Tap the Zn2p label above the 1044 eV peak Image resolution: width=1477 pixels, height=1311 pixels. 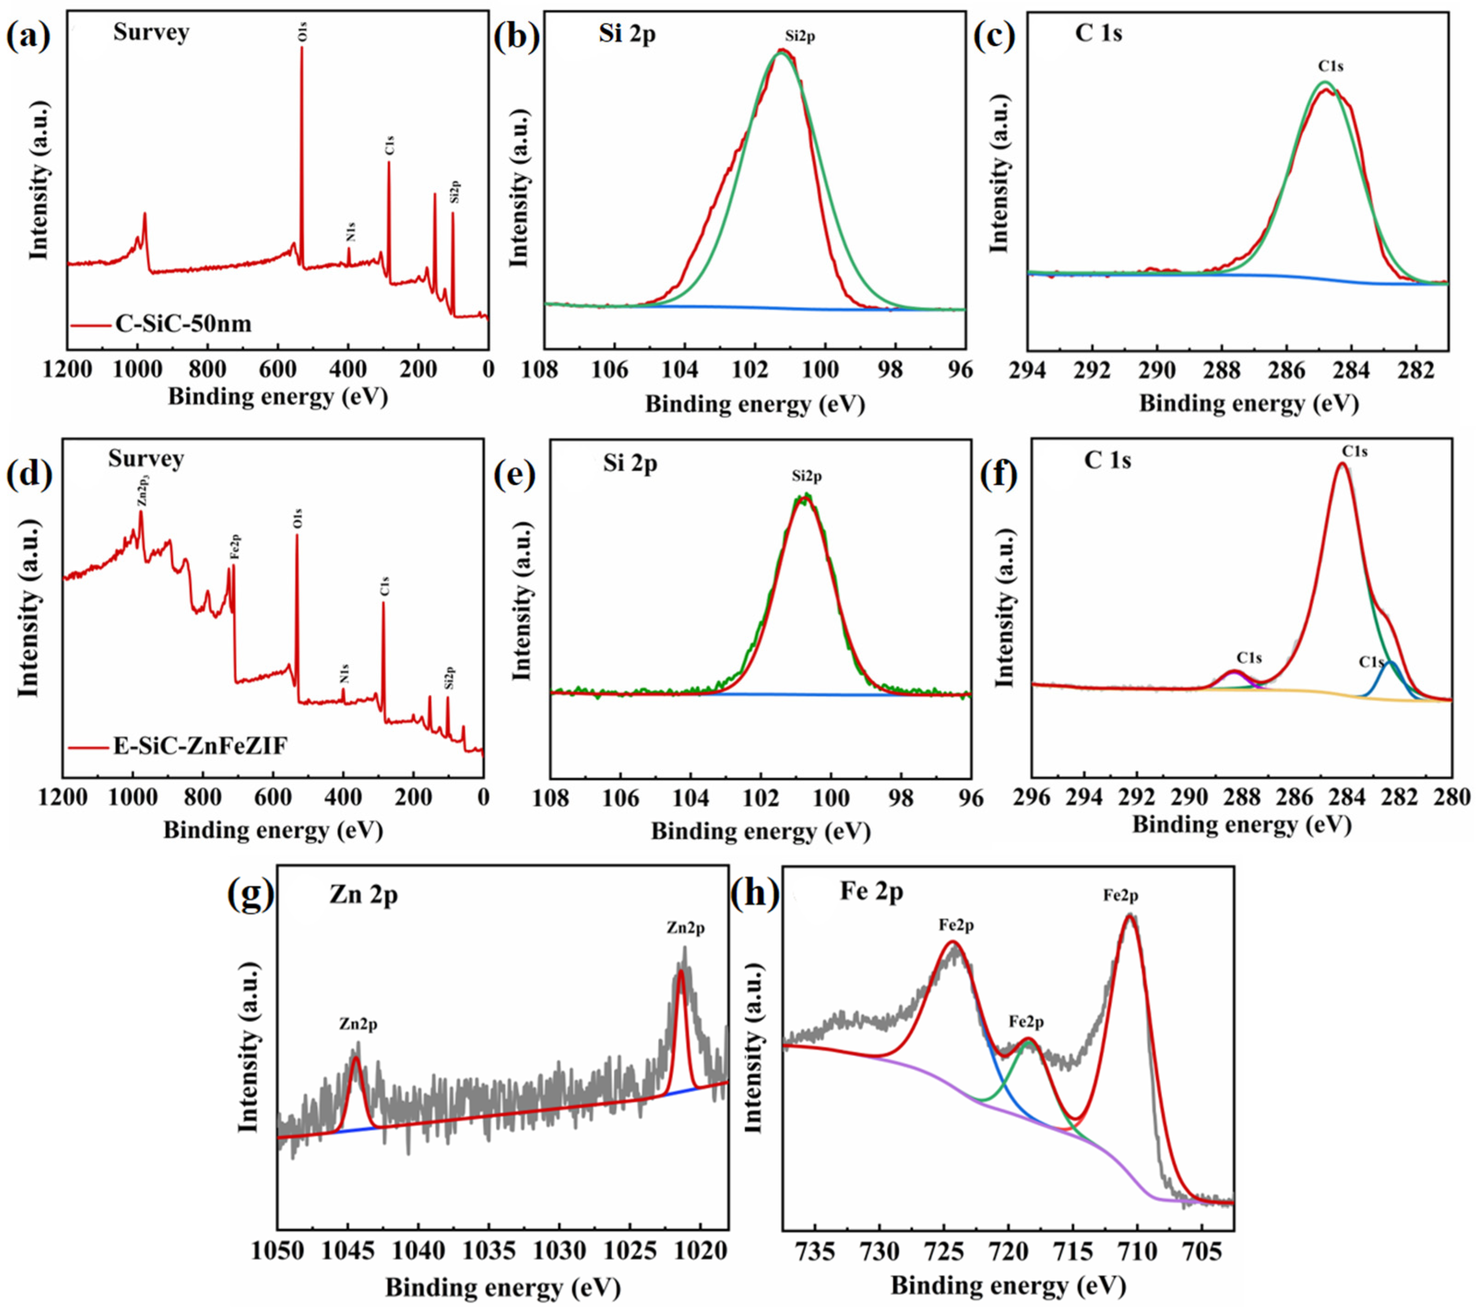pos(358,1025)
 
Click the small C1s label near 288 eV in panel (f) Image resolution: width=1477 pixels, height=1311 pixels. pos(1249,658)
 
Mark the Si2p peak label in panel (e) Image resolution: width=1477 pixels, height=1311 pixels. pos(807,476)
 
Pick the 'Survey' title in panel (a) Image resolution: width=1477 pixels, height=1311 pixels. pos(151,33)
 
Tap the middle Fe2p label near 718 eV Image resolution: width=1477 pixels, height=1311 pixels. pos(1026,1023)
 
